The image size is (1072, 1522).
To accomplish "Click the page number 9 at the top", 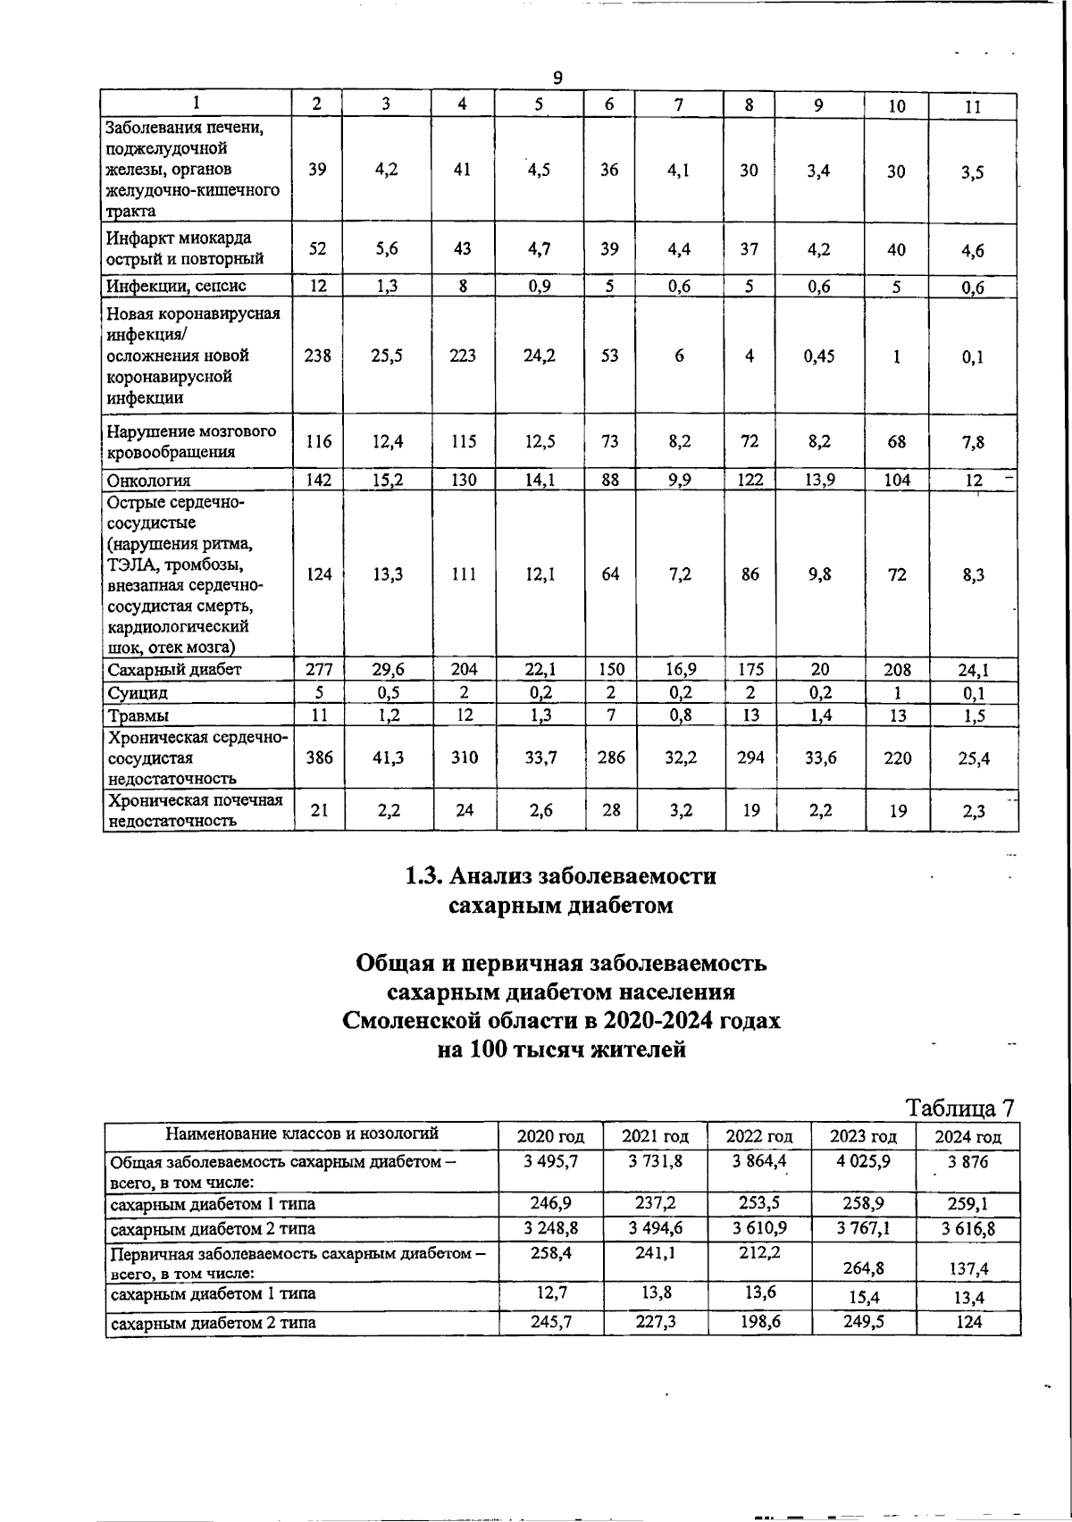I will point(557,79).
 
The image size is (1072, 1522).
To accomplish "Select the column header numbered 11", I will point(974,106).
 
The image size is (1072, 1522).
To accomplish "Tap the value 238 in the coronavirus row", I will point(319,355).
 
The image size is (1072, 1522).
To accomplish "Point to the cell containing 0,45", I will point(819,355).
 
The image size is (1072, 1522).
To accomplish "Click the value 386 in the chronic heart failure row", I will point(319,757).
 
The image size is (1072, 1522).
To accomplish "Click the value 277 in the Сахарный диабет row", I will point(319,669).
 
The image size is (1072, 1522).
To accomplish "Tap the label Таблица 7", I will point(961,1108).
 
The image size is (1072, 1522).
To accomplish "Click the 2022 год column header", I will point(759,1137).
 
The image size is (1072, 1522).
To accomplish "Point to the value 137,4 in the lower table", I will point(968,1267).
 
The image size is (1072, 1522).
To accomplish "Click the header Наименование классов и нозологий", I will point(302,1134).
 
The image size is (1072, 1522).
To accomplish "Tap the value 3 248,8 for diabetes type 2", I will point(550,1228).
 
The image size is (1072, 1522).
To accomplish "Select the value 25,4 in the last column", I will point(973,758).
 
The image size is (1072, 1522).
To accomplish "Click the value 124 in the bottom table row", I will point(968,1321).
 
